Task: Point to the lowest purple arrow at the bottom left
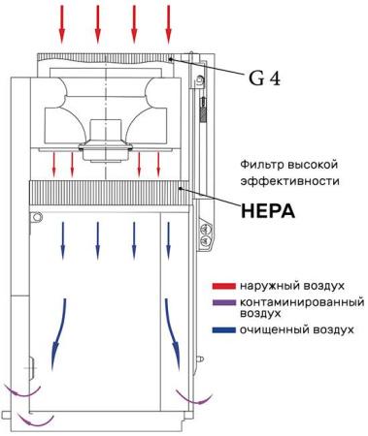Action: point(39,420)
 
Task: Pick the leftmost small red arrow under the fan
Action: point(54,163)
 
